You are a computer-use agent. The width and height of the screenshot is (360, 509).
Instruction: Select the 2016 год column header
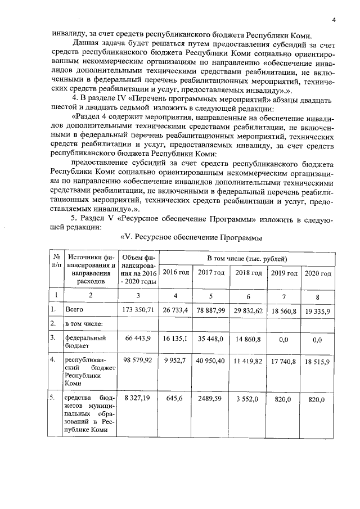[175, 273]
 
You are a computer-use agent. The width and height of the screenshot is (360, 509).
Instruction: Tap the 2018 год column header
[249, 273]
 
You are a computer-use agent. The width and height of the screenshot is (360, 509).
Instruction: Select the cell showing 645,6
[175, 399]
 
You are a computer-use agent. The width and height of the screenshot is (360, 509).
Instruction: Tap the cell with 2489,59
[211, 399]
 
